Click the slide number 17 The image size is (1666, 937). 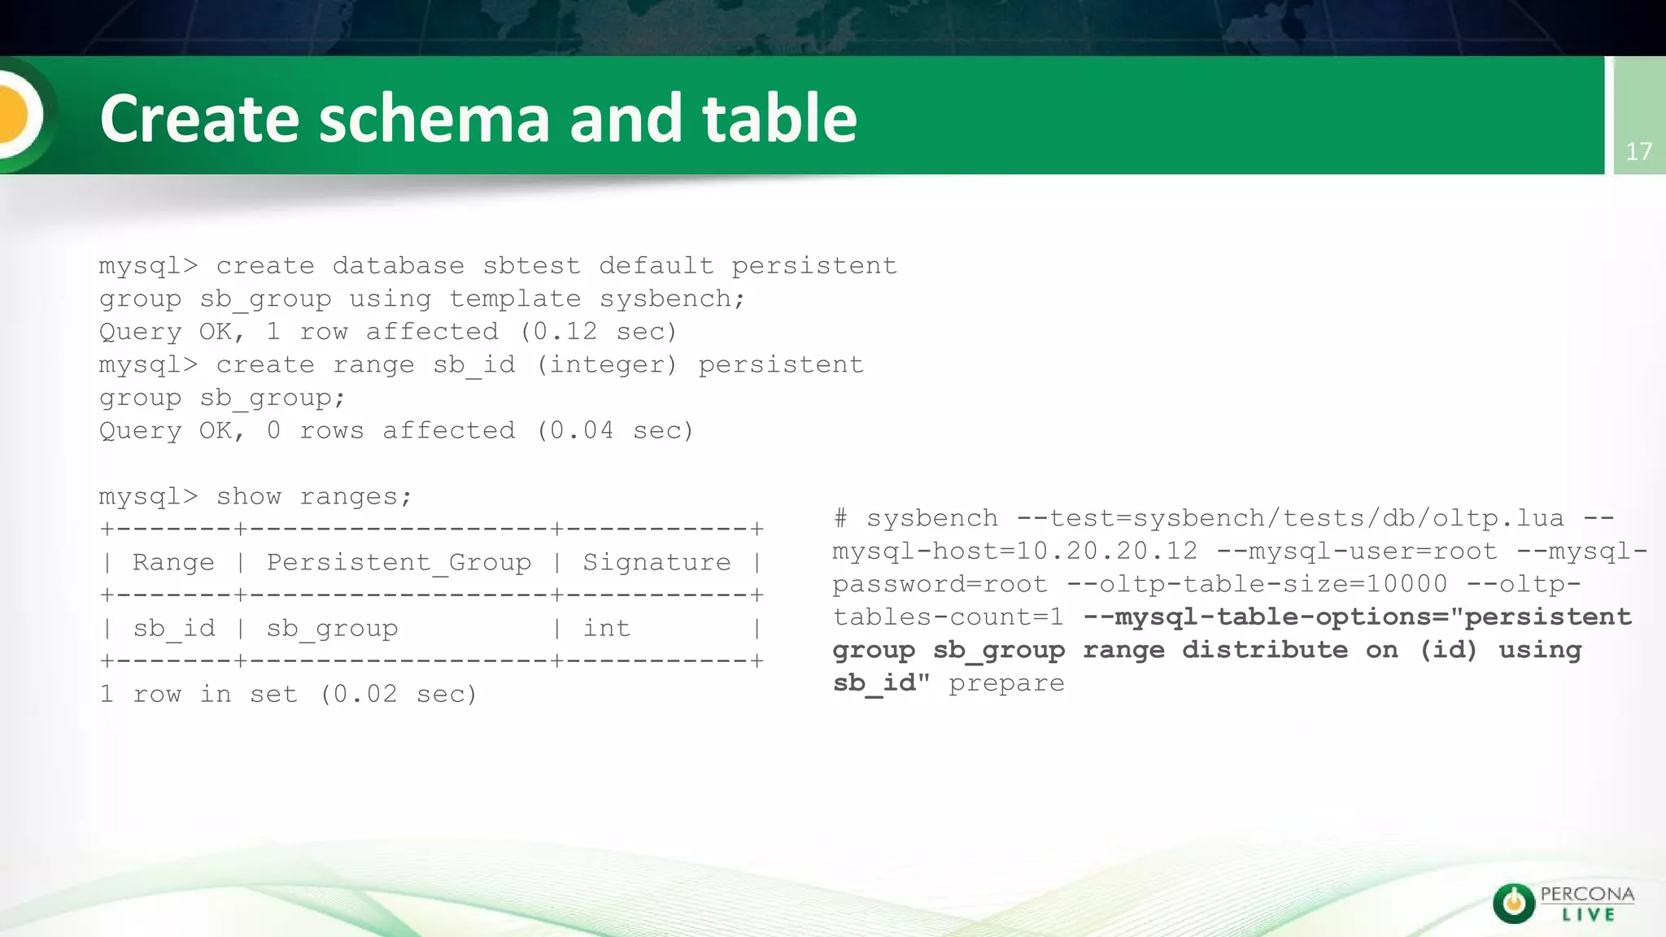coord(1638,151)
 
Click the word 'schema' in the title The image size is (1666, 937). coord(434,119)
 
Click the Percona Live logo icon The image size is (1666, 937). coord(1514,903)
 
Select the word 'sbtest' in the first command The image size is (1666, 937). coord(531,266)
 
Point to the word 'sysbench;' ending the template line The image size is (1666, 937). coord(672,299)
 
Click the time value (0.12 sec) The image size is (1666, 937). coord(598,332)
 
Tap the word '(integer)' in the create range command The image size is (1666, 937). coord(606,365)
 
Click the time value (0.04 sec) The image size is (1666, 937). coord(614,431)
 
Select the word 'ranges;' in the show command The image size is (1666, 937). coord(356,497)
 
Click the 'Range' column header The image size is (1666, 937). coord(173,563)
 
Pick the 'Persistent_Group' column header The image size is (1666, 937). coord(399,563)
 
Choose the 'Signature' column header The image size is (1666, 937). coord(656,563)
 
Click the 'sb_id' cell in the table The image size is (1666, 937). coord(173,629)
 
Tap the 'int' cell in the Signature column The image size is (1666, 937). coord(607,629)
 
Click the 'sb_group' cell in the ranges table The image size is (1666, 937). coord(332,629)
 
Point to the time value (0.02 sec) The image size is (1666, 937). coord(399,695)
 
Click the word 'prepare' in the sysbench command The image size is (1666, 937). coord(1006,683)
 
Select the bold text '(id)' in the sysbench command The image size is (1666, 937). coord(1448,651)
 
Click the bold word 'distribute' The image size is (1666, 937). coord(1265,651)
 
